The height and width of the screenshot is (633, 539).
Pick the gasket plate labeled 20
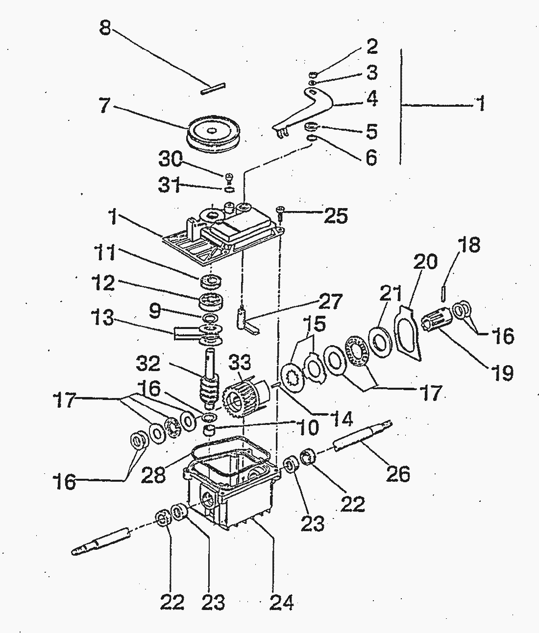[x=408, y=333]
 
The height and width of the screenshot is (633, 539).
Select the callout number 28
[x=153, y=474]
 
